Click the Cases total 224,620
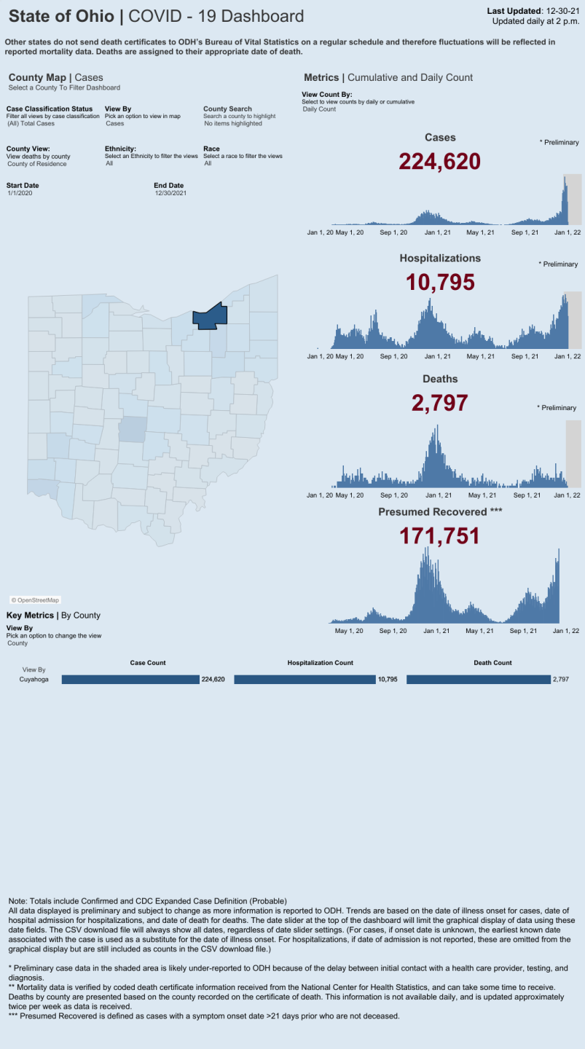(x=439, y=161)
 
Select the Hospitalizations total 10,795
(x=440, y=282)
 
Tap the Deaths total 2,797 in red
(x=439, y=403)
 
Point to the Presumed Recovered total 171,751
(x=439, y=536)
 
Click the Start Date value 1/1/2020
(x=20, y=193)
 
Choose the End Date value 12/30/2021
(x=171, y=193)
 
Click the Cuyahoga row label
(x=34, y=679)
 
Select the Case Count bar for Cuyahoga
(x=130, y=679)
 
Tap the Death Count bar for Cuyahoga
(x=478, y=679)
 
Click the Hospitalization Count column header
(x=320, y=663)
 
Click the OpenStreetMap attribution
(x=35, y=600)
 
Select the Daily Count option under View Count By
(x=319, y=109)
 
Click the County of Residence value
(x=36, y=164)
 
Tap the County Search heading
(x=227, y=109)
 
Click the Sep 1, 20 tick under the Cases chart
(x=394, y=232)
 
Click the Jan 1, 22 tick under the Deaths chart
(x=567, y=495)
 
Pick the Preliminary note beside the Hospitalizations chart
(x=558, y=264)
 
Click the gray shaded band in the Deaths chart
(x=573, y=453)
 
